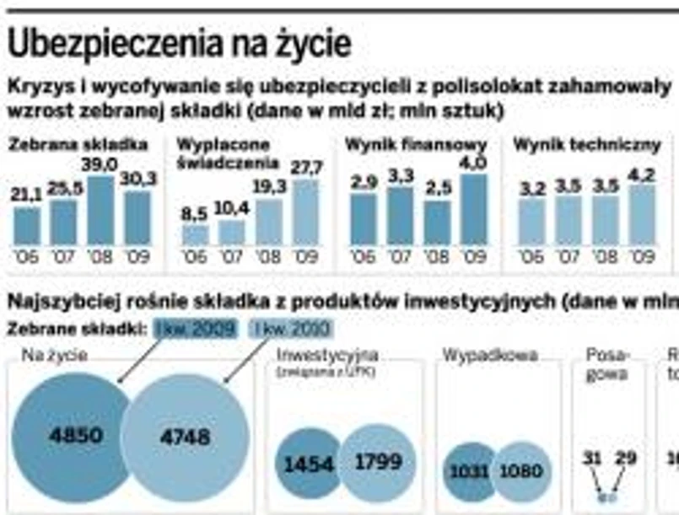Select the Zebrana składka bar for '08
pyautogui.click(x=100, y=210)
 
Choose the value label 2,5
pyautogui.click(x=437, y=190)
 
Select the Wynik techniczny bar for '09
pyautogui.click(x=642, y=214)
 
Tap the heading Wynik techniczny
pyautogui.click(x=587, y=145)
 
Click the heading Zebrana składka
pyautogui.click(x=78, y=145)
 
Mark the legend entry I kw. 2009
pyautogui.click(x=196, y=329)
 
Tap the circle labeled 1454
pyautogui.click(x=307, y=463)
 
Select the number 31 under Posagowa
pyautogui.click(x=592, y=458)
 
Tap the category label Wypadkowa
pyautogui.click(x=490, y=355)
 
